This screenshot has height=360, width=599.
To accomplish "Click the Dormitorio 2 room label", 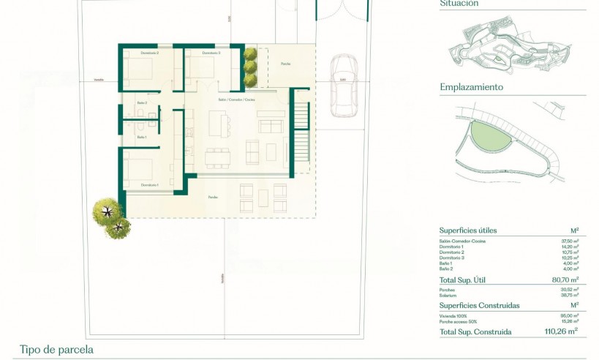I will coord(150,53).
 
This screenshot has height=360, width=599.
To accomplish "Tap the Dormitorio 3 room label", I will coord(211,53).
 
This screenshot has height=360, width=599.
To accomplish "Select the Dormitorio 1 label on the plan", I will coord(150,185).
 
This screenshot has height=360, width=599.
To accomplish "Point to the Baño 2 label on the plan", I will coord(142,103).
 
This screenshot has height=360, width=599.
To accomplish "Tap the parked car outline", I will coord(342,86).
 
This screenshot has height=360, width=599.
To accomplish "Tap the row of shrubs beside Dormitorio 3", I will coord(250,67).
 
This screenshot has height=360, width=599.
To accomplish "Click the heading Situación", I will coord(459,4).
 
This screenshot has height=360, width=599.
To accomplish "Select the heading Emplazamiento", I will coord(471,86).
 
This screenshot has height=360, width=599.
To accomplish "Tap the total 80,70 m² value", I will coord(565,280).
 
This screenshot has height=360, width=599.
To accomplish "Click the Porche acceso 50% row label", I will coord(459,320).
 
